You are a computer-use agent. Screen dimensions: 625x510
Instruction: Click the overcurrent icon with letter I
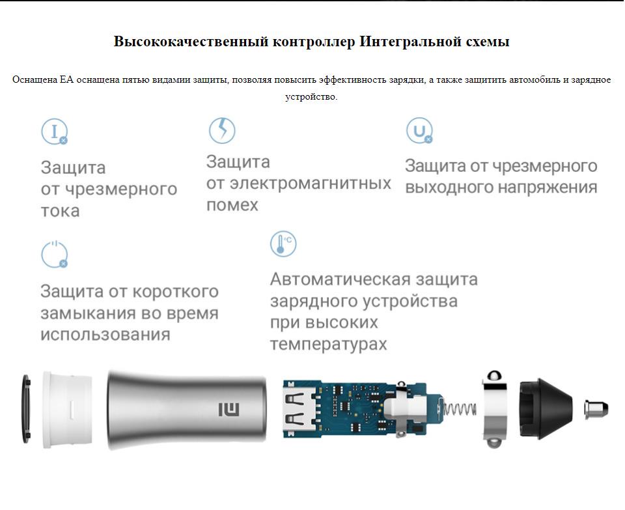(55, 131)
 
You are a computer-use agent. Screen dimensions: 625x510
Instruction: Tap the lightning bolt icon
(222, 130)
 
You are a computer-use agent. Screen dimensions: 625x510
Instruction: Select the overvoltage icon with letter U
(419, 130)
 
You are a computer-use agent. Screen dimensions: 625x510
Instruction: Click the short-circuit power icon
(55, 255)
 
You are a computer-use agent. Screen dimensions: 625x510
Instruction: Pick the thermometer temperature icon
(283, 244)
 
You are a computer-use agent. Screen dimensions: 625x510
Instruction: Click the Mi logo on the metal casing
(229, 409)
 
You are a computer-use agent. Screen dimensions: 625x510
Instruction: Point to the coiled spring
(460, 409)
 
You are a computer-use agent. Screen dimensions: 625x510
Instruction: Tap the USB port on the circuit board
(298, 409)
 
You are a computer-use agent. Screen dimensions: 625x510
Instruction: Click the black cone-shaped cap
(546, 409)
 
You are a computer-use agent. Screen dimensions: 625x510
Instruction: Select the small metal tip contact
(596, 409)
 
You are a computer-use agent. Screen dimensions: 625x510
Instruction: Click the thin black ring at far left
(26, 409)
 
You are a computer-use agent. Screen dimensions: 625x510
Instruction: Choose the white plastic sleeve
(67, 409)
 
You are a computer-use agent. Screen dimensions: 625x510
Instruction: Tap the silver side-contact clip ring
(495, 409)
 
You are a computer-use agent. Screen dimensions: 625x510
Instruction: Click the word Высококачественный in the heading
(191, 42)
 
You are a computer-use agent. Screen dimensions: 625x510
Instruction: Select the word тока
(60, 211)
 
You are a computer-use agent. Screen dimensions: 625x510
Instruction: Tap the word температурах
(328, 345)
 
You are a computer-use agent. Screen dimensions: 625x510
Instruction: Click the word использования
(105, 335)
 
